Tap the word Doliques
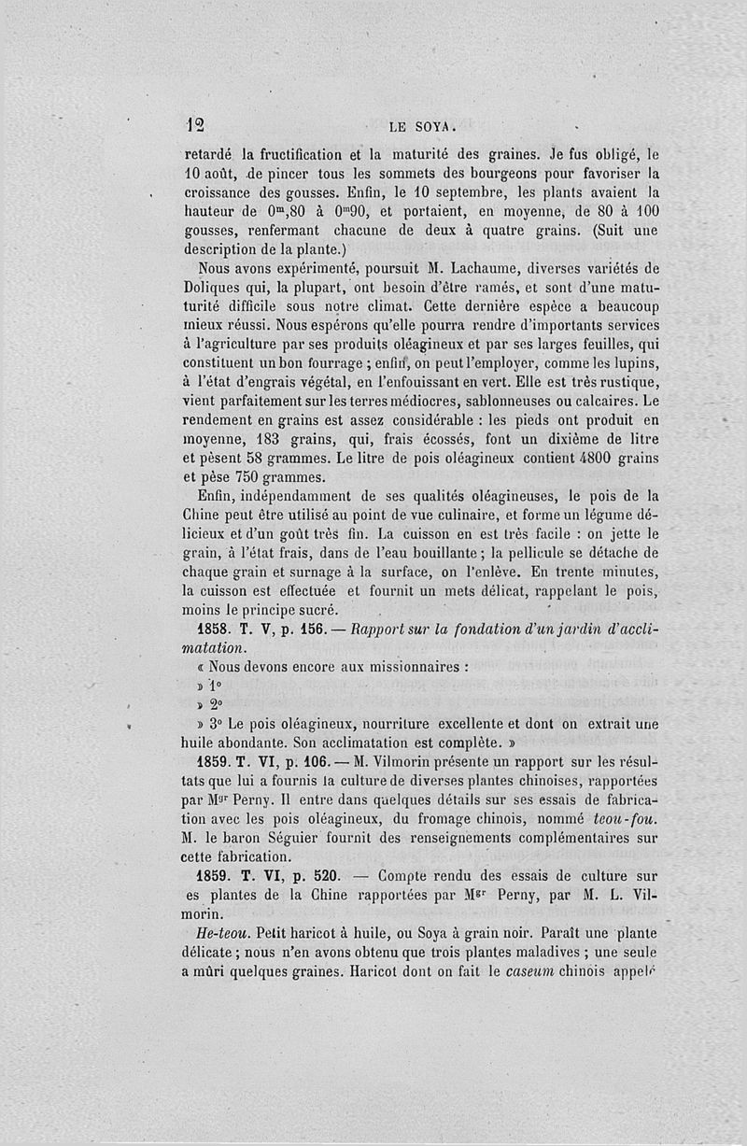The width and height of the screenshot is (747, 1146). [x=212, y=290]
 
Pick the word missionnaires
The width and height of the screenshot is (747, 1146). [x=413, y=668]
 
